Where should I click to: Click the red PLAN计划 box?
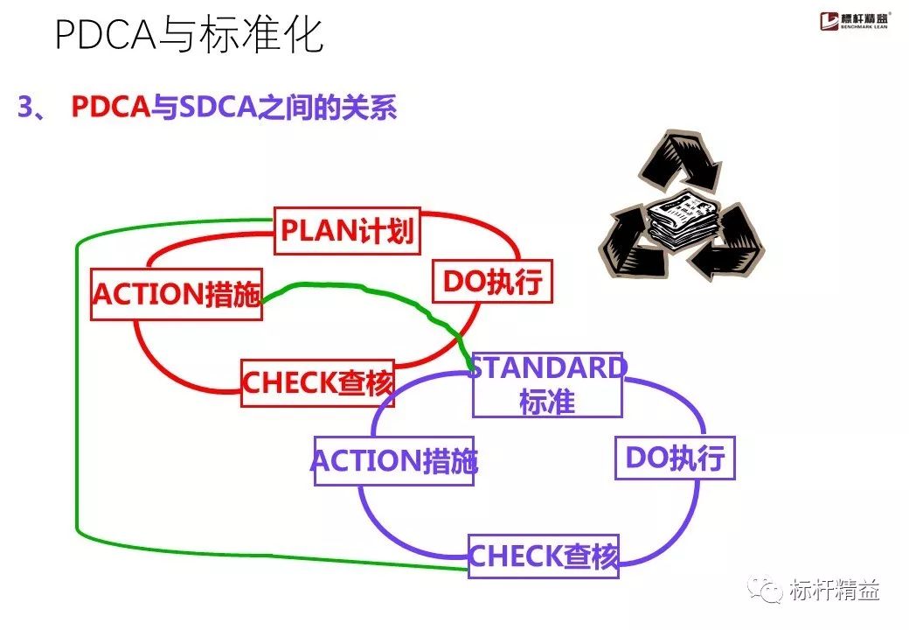pos(347,231)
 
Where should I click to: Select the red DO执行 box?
pos(492,281)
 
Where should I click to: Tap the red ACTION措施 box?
pos(177,295)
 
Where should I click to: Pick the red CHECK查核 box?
pos(318,382)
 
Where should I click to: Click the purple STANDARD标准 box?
pos(547,385)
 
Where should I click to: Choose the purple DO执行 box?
pos(675,458)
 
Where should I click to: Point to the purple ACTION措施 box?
pos(394,460)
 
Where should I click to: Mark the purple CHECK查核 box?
pos(543,556)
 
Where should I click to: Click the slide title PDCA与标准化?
pos(189,36)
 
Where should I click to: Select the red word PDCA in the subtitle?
pos(110,108)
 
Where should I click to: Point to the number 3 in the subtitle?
pos(24,108)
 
